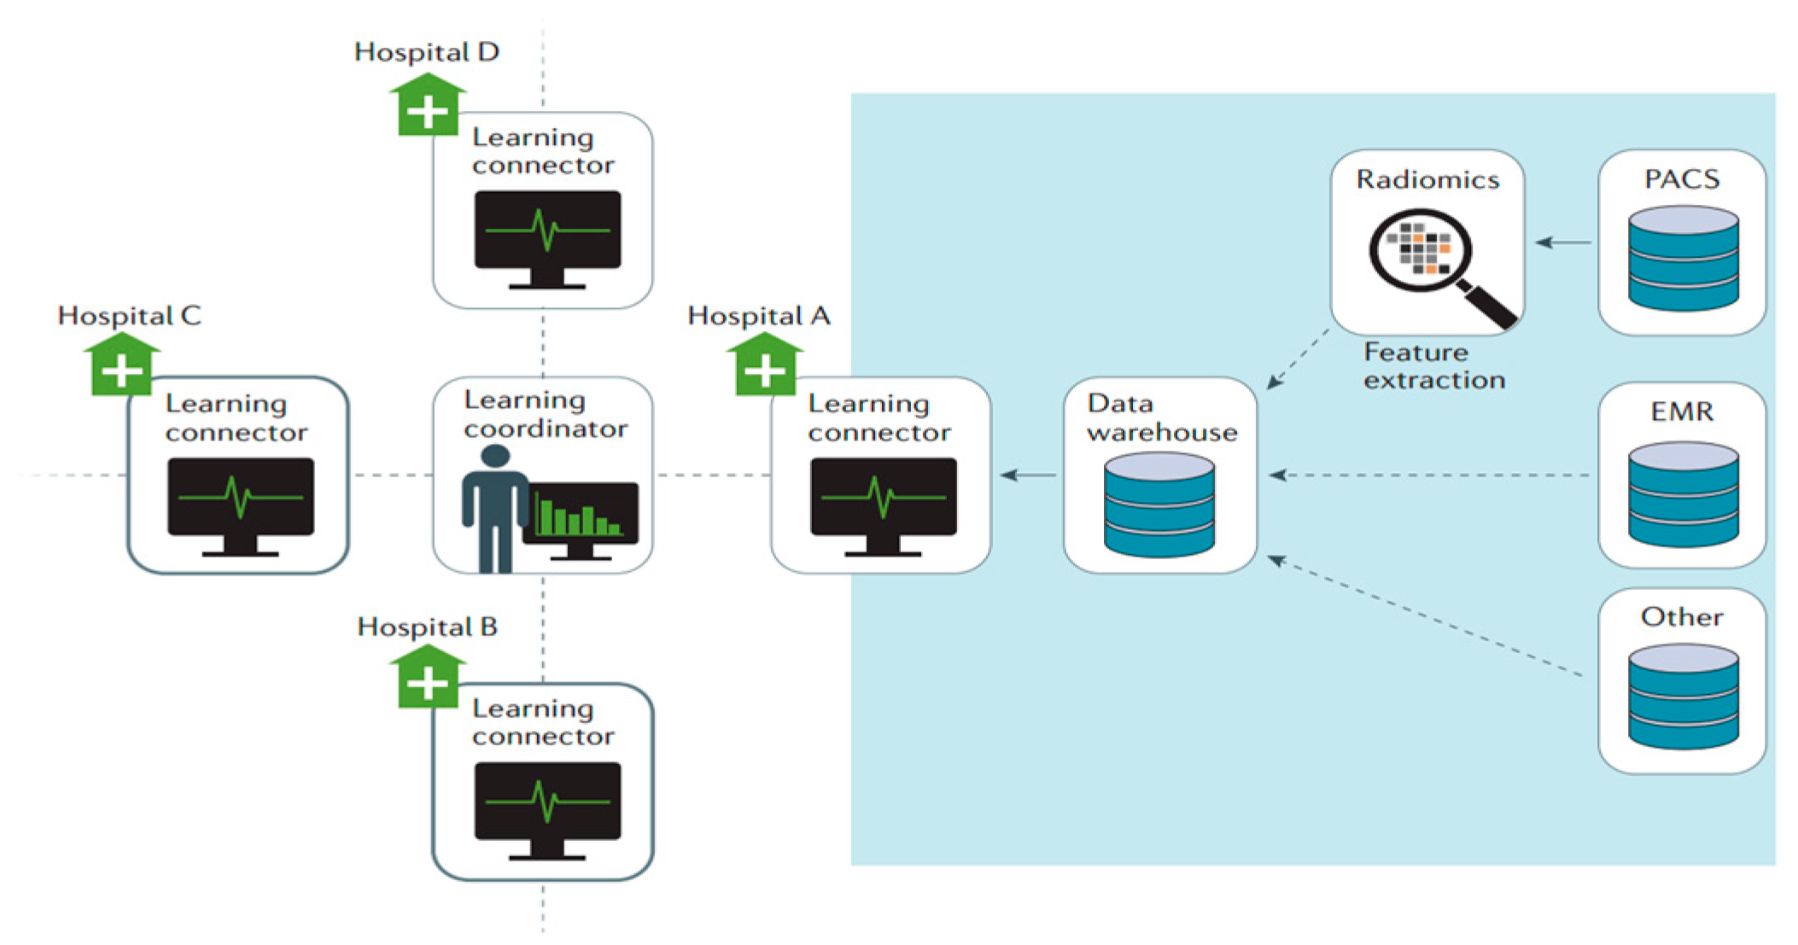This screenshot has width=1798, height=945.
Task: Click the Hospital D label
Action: pyautogui.click(x=426, y=53)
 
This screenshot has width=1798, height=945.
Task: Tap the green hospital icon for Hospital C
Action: pyautogui.click(x=121, y=365)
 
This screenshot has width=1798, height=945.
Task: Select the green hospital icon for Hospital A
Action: pyautogui.click(x=764, y=365)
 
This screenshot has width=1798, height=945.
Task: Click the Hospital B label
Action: pyautogui.click(x=427, y=627)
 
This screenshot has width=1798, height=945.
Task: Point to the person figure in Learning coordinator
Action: pyautogui.click(x=493, y=508)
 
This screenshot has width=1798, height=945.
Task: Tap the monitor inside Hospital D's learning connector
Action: pyautogui.click(x=547, y=235)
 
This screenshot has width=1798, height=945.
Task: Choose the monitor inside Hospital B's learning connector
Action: pyautogui.click(x=547, y=807)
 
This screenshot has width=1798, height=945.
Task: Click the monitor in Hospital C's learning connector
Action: pyautogui.click(x=240, y=502)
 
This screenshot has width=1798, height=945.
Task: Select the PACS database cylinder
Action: pyautogui.click(x=1682, y=259)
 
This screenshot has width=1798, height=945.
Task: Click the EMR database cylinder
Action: pyautogui.click(x=1682, y=493)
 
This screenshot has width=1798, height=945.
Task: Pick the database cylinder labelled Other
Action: pyautogui.click(x=1682, y=697)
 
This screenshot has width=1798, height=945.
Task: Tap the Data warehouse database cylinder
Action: pyautogui.click(x=1159, y=505)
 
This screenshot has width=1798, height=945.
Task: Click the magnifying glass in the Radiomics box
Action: pyautogui.click(x=1434, y=265)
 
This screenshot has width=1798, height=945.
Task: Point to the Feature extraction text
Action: pyautogui.click(x=1433, y=366)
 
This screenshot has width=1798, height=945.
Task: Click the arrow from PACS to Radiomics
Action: pyautogui.click(x=1562, y=243)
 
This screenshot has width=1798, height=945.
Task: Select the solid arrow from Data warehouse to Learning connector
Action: pyautogui.click(x=1028, y=475)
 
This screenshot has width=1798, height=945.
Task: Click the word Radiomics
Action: pyautogui.click(x=1427, y=180)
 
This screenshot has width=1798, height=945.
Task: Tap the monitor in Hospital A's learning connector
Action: pyautogui.click(x=883, y=502)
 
